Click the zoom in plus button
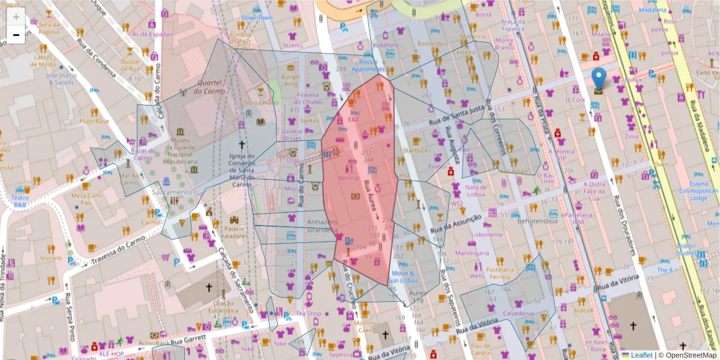coord(16,17)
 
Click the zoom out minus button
coord(16,35)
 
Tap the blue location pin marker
coord(598,79)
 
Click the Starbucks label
coord(417,150)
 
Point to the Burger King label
coord(291,80)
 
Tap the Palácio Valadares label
coord(235,232)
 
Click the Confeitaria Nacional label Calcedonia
coord(518,313)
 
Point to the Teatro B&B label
coord(21,201)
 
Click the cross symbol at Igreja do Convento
coord(242,145)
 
